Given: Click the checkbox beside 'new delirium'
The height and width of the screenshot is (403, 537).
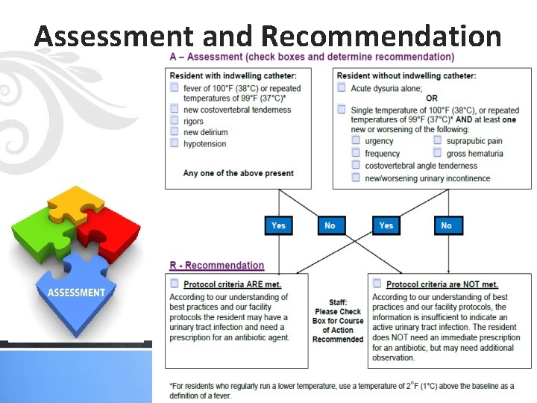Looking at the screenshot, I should click(174, 132).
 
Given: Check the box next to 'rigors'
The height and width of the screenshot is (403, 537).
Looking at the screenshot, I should click(174, 121).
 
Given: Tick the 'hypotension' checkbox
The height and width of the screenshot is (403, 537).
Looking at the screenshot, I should click(174, 143).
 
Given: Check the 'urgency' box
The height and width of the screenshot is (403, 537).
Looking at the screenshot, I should click(356, 140).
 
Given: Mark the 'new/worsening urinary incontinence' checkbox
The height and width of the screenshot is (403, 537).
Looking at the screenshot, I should click(356, 178).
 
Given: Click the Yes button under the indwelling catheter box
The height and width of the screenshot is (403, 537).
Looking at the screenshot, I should click(278, 225).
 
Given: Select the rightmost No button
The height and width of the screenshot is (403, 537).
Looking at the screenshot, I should click(446, 225).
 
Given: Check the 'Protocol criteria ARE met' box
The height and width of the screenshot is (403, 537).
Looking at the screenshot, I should click(175, 284).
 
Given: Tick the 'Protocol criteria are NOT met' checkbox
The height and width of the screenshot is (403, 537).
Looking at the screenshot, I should click(377, 284).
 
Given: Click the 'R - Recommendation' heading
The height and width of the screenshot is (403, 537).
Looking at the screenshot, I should click(216, 266).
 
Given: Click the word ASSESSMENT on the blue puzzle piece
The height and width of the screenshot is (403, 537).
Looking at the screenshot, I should click(76, 293).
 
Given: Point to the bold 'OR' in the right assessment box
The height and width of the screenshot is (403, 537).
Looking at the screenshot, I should click(432, 99).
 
